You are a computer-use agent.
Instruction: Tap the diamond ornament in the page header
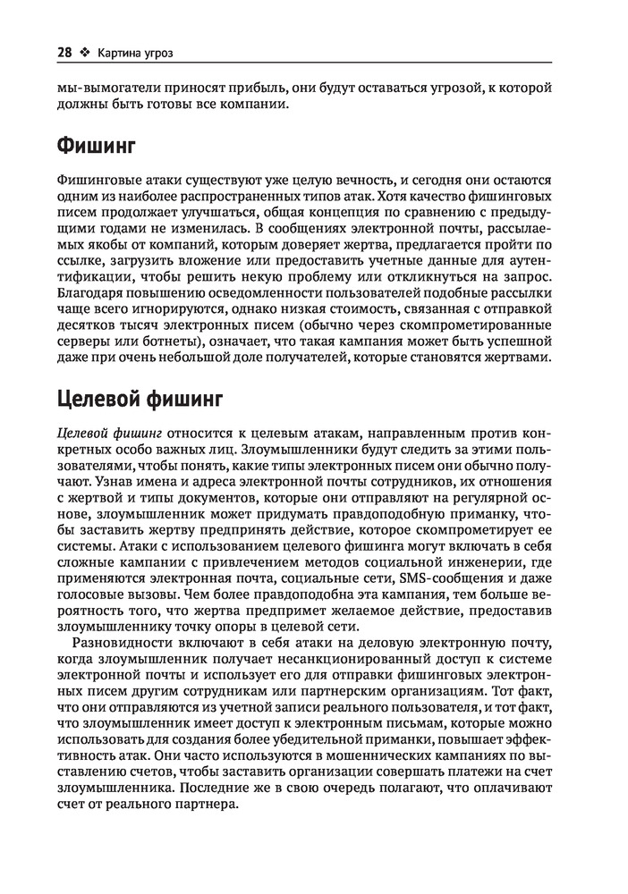click(85, 52)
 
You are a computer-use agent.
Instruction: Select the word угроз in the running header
click(155, 52)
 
